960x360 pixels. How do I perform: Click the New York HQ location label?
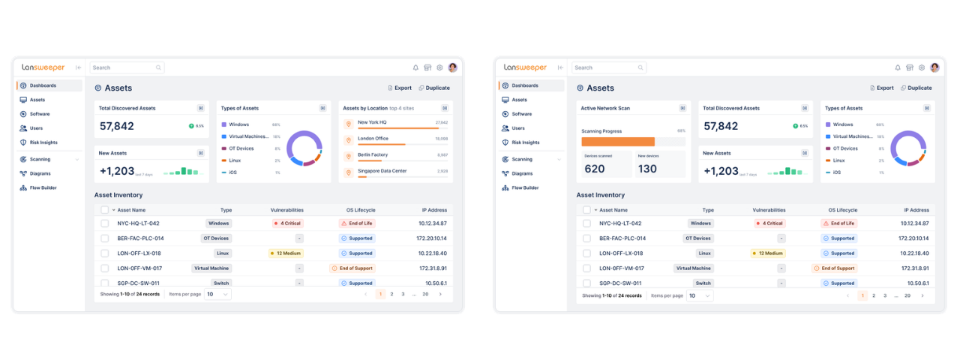(x=372, y=121)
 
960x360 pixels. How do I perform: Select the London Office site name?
(x=373, y=138)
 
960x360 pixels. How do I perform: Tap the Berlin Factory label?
(x=373, y=154)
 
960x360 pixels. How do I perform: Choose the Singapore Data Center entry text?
(x=382, y=171)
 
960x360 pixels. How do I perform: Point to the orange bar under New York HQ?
(x=397, y=128)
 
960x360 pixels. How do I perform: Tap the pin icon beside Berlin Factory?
(x=348, y=157)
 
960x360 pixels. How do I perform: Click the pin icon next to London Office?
(x=348, y=140)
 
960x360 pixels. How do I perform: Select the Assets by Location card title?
(x=365, y=108)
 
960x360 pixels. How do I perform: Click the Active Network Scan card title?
(x=605, y=108)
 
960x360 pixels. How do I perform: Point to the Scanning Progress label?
(x=602, y=130)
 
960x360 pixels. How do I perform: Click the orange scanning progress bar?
(x=618, y=142)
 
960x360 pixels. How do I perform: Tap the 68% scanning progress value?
(x=681, y=130)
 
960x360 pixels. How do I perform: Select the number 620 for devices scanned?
(x=595, y=169)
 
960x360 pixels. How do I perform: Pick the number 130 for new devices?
(x=647, y=169)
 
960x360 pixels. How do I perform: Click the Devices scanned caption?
(x=598, y=156)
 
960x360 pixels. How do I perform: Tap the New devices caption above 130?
(x=647, y=156)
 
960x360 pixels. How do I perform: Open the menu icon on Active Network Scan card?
(x=682, y=108)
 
